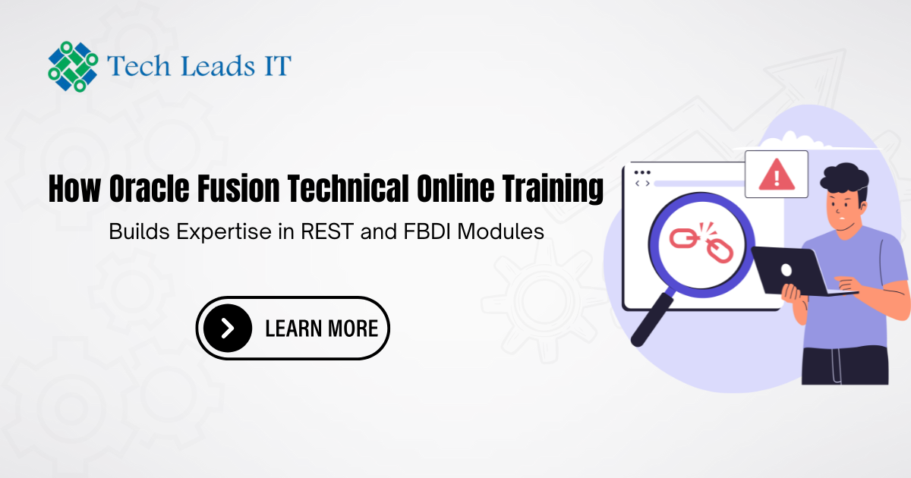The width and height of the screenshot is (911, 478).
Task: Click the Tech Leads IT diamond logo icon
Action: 73,67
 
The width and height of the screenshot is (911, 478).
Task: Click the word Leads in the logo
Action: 218,66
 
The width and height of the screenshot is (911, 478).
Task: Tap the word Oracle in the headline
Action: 150,188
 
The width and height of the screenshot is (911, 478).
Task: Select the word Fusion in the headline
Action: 238,188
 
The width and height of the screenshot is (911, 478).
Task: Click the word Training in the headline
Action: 553,189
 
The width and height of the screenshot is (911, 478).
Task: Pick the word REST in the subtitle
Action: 327,231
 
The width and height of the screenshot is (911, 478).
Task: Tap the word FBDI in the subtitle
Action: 427,231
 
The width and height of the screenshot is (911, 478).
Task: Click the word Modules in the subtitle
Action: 500,231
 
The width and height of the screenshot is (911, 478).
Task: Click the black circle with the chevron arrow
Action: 228,328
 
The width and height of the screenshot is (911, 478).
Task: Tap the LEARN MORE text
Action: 322,329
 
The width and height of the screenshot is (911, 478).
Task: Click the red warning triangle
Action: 777,175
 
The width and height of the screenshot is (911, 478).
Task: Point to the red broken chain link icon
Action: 701,243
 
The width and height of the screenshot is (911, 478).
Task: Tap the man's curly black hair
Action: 844,180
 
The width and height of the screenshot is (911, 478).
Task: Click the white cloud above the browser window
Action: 791,140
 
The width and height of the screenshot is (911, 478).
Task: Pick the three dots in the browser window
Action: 642,173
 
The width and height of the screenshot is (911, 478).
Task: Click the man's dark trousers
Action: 845,365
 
